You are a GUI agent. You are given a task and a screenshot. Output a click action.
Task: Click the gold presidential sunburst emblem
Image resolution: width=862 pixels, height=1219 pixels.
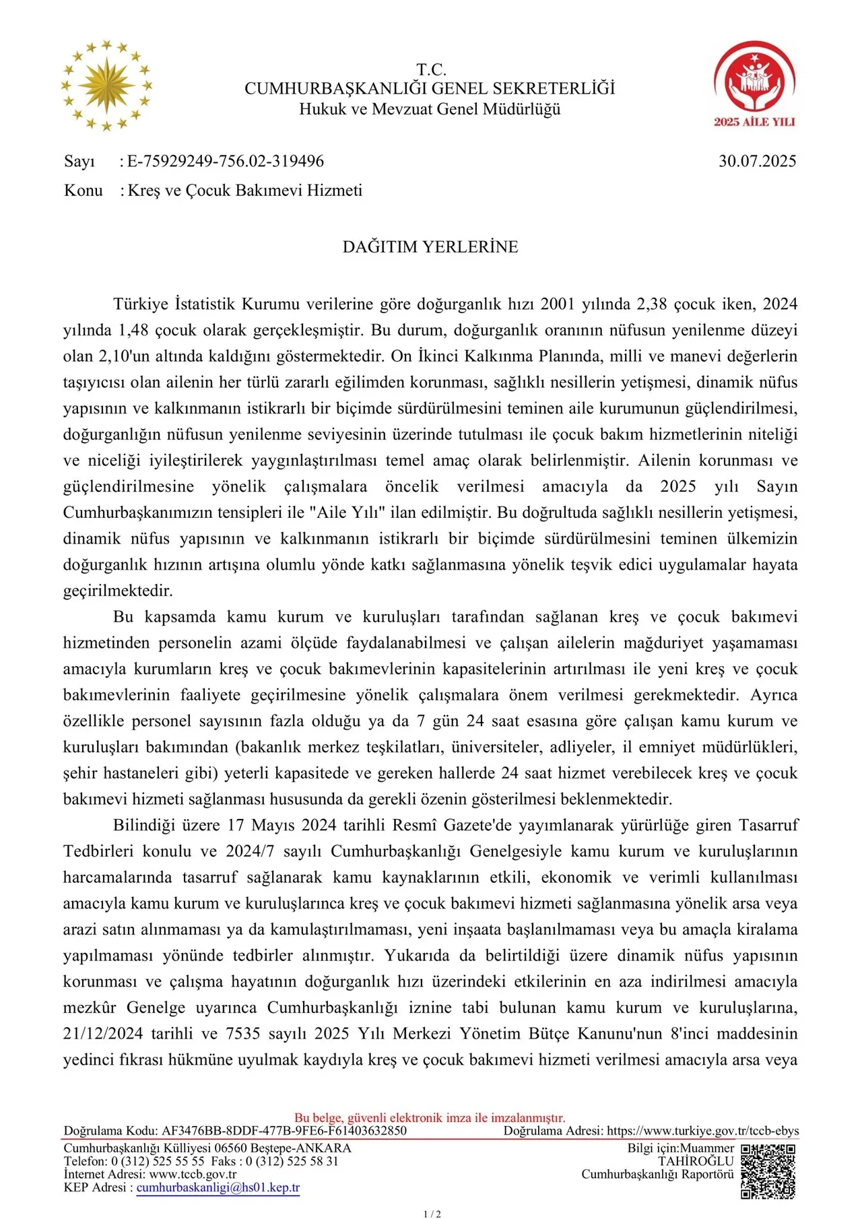click(x=106, y=86)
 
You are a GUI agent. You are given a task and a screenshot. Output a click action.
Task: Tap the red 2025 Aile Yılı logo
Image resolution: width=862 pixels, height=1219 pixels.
click(x=754, y=84)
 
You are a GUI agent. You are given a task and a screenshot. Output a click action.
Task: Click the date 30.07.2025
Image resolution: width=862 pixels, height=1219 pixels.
click(x=757, y=162)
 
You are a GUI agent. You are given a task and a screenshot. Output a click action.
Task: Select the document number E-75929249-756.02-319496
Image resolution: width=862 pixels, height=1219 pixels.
click(x=226, y=162)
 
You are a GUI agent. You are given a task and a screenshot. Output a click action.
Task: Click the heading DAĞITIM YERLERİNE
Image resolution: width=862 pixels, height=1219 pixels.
click(x=430, y=247)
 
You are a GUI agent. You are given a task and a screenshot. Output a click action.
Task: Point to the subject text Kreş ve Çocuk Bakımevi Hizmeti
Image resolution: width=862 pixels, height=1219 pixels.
click(x=245, y=191)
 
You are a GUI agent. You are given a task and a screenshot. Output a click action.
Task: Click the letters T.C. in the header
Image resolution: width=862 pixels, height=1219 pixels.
click(x=431, y=70)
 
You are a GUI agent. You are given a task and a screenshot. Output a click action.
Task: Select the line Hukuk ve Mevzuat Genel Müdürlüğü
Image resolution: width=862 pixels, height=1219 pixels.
click(x=430, y=109)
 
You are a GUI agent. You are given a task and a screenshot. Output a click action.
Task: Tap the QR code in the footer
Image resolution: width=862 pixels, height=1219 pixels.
click(x=768, y=1171)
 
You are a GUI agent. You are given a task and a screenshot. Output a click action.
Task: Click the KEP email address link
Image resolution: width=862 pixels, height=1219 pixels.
click(x=218, y=1188)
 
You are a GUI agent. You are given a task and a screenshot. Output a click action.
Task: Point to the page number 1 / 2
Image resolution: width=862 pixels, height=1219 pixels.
click(x=432, y=1214)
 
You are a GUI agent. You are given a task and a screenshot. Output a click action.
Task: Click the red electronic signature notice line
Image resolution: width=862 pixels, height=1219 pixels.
click(x=430, y=1118)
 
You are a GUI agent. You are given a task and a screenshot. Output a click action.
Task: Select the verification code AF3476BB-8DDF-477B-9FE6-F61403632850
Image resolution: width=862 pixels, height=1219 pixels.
click(x=284, y=1131)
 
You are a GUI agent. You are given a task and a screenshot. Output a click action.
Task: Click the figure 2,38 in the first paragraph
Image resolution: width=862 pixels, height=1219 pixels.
click(x=651, y=304)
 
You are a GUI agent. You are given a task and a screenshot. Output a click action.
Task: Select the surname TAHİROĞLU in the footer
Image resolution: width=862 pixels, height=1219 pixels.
click(x=696, y=1162)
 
